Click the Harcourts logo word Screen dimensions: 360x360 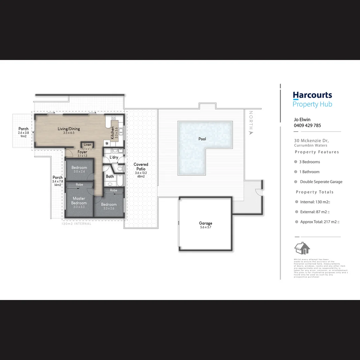click(312, 95)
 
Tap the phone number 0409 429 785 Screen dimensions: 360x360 click(307, 125)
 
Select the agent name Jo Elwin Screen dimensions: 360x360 click(302, 119)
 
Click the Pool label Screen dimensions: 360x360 click(202, 139)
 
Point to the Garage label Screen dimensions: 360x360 click(205, 223)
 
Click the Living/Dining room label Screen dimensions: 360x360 click(69, 129)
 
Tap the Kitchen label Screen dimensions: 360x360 click(113, 132)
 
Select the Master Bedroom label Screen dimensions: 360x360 click(79, 201)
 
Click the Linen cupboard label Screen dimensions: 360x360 click(87, 145)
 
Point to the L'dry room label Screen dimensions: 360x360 click(114, 157)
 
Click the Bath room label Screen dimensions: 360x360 click(110, 176)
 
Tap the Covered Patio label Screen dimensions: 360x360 click(141, 167)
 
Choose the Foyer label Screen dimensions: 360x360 click(82, 152)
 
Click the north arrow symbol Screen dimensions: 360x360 click(251, 133)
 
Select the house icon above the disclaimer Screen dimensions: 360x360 click(302, 248)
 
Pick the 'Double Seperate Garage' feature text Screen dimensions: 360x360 click(321, 182)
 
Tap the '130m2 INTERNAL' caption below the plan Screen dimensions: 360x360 click(76, 224)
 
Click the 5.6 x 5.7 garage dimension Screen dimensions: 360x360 click(205, 227)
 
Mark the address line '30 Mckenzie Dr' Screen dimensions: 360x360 click(311, 141)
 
